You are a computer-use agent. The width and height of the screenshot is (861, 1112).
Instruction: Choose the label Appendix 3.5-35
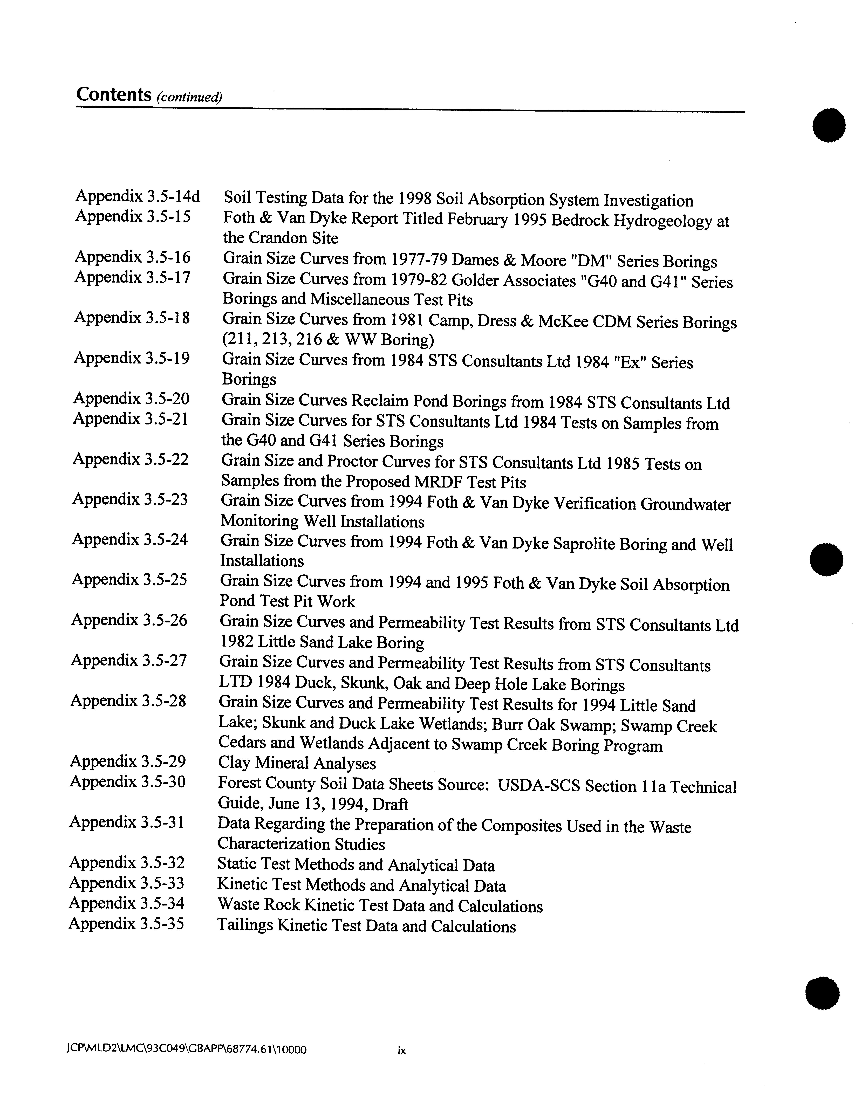pos(126,924)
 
